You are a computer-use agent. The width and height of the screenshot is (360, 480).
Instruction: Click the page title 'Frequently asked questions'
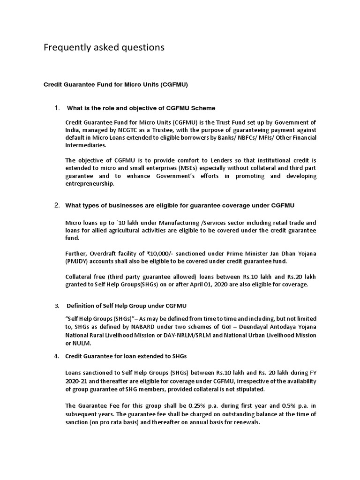[104, 47]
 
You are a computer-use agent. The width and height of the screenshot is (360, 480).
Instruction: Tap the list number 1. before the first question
[57, 108]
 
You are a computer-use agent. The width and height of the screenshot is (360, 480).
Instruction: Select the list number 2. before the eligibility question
[57, 205]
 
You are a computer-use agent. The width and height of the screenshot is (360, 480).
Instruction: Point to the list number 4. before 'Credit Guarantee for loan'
[57, 356]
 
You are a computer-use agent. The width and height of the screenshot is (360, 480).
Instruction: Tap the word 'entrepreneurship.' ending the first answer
[90, 184]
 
